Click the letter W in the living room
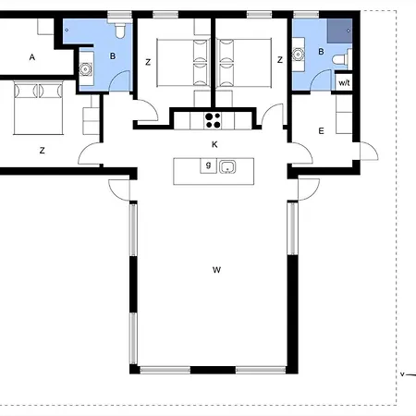tap(216, 270)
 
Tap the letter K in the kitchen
tap(214, 144)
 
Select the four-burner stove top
tap(213, 120)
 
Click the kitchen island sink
tap(227, 166)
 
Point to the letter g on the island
tap(208, 165)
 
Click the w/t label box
tap(344, 82)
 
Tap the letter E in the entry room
tap(321, 131)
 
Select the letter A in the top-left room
tap(32, 57)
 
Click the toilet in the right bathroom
tap(342, 59)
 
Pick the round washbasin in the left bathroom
tap(86, 69)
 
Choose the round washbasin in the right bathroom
tap(298, 55)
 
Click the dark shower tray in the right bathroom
tap(339, 31)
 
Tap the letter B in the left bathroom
tap(113, 56)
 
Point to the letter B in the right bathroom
tap(321, 52)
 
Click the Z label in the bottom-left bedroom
tap(43, 151)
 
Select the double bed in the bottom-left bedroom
tap(39, 108)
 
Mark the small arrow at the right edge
tap(409, 374)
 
